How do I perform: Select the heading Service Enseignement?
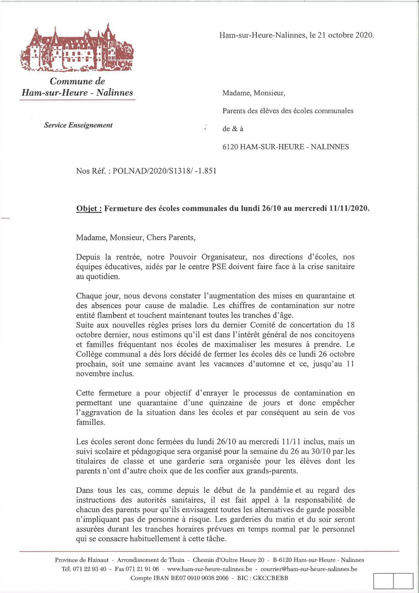[x=78, y=125]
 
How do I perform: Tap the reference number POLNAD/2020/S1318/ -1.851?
[x=164, y=171]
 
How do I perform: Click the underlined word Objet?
[x=89, y=209]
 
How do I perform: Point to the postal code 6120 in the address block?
[x=230, y=147]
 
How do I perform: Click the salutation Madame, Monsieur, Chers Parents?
[x=136, y=238]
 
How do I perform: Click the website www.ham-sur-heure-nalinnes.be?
[x=210, y=569]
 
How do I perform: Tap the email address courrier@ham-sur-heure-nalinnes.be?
[x=309, y=569]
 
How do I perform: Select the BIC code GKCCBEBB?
[x=270, y=578]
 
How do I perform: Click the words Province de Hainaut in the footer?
[x=82, y=560]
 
